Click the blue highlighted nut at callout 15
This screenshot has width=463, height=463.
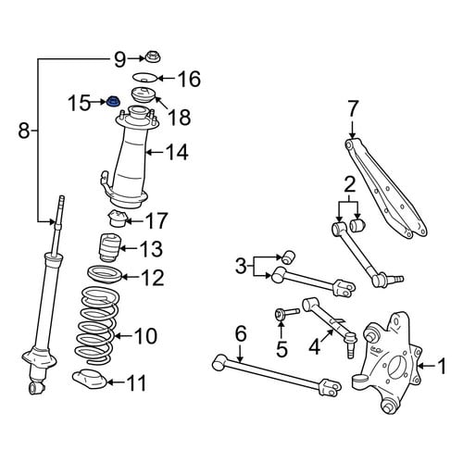(113, 101)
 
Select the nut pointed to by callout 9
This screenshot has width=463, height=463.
(152, 57)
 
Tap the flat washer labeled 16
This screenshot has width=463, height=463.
(145, 78)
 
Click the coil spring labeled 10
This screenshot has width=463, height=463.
(96, 325)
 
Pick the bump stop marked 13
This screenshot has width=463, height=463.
(108, 248)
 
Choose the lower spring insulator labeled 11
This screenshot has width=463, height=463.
(90, 379)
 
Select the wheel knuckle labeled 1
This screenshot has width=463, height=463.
(387, 362)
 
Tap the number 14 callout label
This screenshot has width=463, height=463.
(177, 152)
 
